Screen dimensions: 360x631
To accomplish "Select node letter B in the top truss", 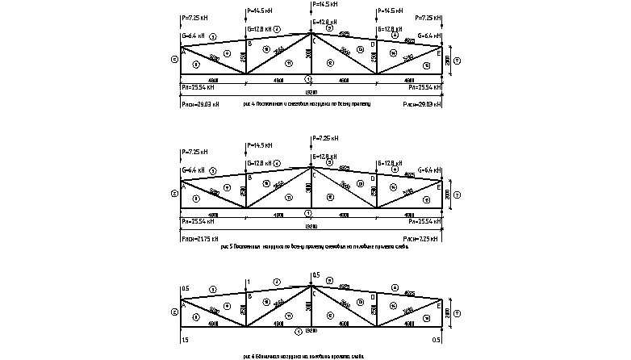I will click(x=249, y=44).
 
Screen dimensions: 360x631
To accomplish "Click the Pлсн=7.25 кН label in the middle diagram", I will click(x=422, y=239).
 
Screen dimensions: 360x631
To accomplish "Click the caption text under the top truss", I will click(x=310, y=105).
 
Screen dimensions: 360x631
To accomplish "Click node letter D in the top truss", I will click(x=372, y=44).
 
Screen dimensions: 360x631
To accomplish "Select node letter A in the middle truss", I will click(x=184, y=186).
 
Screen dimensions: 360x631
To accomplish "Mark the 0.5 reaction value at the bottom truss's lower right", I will click(x=437, y=341).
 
